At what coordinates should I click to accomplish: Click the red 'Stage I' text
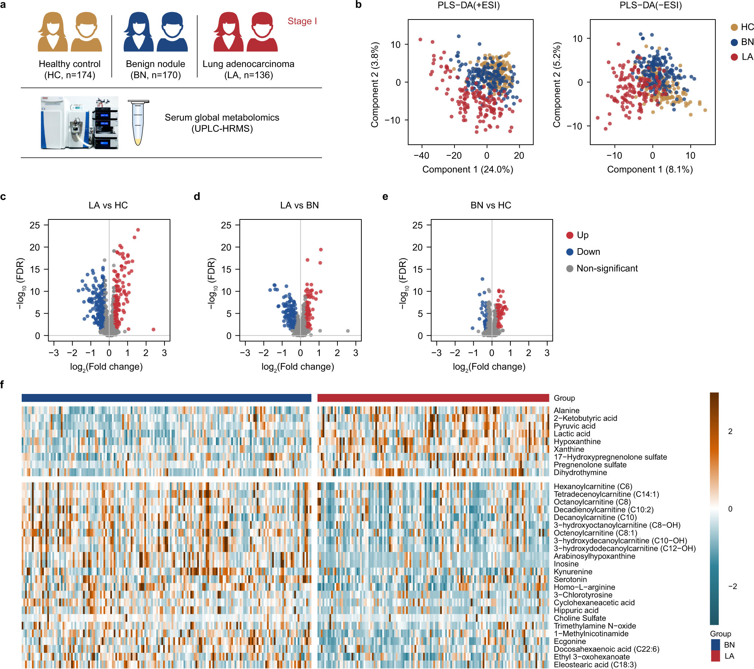tap(302, 21)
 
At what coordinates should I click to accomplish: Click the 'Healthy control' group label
tap(69, 64)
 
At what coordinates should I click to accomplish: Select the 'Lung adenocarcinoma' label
tap(248, 64)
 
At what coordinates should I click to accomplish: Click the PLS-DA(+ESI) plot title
tap(468, 6)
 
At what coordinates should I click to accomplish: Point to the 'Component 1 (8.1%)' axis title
tap(649, 169)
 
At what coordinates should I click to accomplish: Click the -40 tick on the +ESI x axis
tap(421, 156)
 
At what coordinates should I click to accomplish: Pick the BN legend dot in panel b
tap(734, 42)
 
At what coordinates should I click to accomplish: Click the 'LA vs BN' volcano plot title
tap(299, 205)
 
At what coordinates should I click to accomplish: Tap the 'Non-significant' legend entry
tap(607, 268)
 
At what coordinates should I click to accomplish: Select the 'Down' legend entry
tap(588, 252)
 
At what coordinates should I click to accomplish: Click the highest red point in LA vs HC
tap(138, 230)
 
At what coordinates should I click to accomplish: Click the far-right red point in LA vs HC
tap(153, 330)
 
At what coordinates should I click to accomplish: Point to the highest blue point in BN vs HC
tap(482, 279)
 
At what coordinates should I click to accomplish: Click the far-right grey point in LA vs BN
tap(348, 331)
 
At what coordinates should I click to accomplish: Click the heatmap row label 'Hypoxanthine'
tap(577, 442)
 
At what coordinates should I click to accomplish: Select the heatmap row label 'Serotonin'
tap(570, 579)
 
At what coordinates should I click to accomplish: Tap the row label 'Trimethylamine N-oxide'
tap(595, 626)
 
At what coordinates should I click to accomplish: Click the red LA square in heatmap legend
tap(715, 656)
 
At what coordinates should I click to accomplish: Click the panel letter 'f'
tap(2, 385)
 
